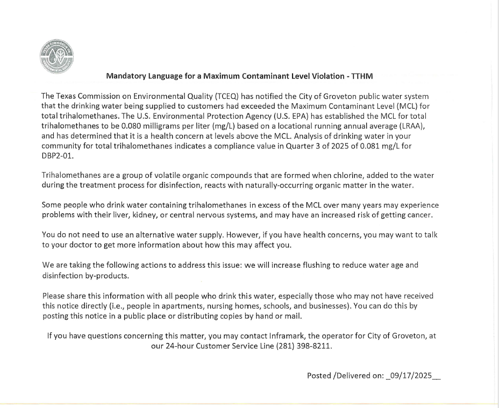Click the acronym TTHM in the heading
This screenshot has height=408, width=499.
point(362,76)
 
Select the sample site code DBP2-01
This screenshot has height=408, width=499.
point(57,155)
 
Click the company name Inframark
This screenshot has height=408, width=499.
point(302,336)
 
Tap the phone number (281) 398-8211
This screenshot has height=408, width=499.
point(304,346)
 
